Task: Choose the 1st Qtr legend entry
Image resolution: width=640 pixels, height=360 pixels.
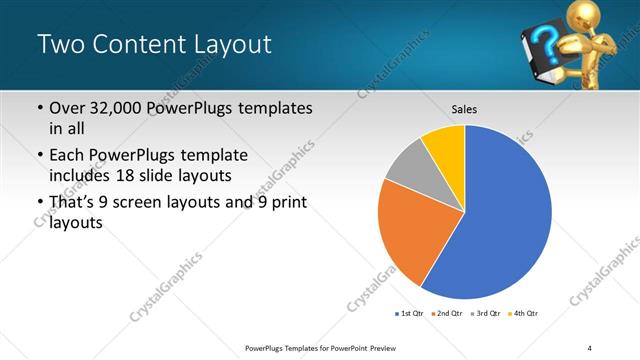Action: pos(410,313)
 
